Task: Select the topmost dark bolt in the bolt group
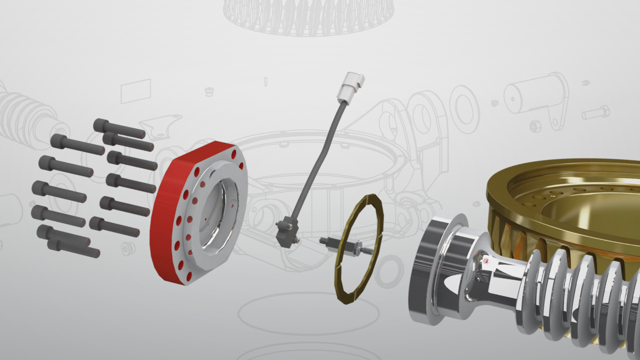pos(118,128)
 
